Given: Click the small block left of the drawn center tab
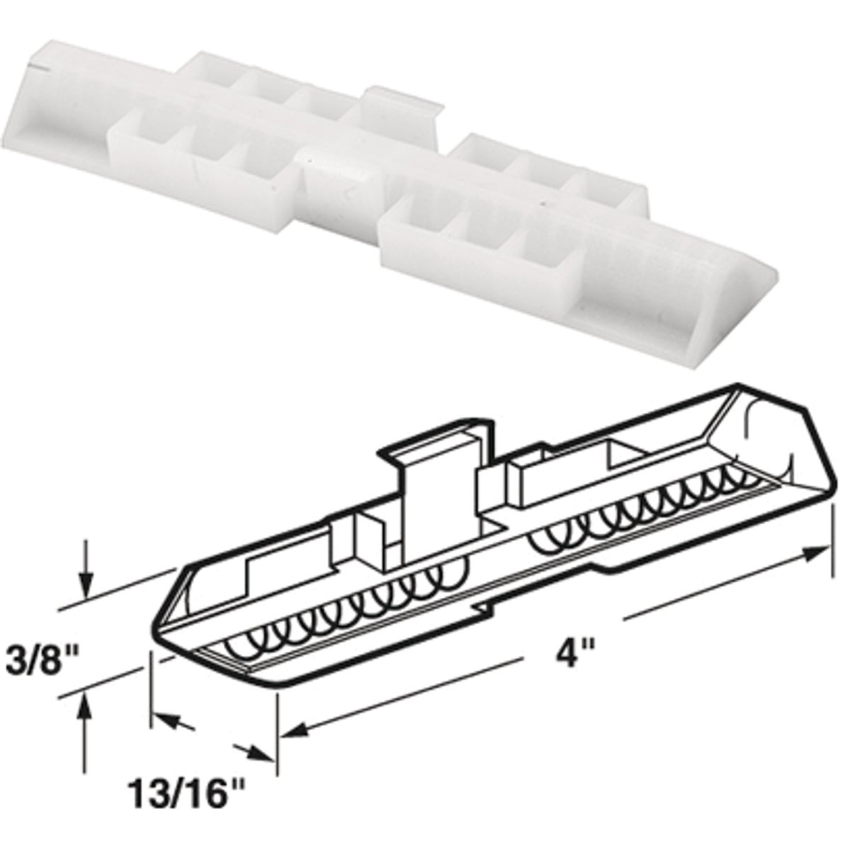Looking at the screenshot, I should click(x=368, y=542).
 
